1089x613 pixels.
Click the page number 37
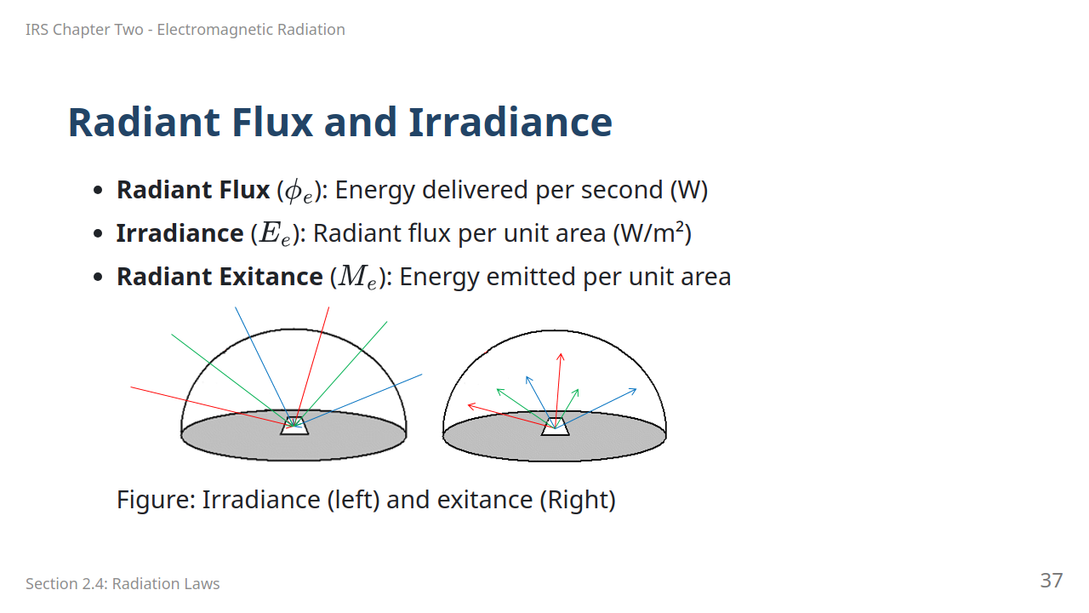1051,581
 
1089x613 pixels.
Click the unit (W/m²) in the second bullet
652,233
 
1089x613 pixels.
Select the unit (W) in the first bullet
689,190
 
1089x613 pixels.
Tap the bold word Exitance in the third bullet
271,277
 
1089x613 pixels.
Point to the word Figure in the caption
156,500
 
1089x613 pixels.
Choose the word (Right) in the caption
578,500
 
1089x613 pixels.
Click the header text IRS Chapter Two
84,30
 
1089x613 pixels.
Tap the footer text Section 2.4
66,583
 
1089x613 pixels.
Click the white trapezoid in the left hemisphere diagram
294,426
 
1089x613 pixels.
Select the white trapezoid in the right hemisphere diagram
556,427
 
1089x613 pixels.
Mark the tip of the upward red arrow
561,353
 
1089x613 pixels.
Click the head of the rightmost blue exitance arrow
636,389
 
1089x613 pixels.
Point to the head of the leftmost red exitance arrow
468,404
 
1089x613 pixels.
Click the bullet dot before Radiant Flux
98,190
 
